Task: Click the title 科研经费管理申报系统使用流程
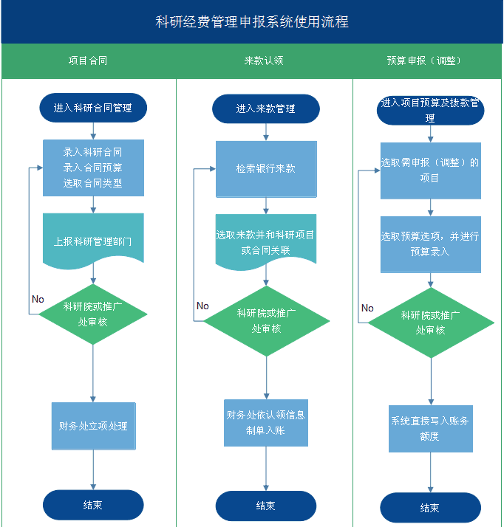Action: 252,22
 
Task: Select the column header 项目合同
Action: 88,61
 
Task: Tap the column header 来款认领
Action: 264,61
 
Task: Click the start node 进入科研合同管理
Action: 93,108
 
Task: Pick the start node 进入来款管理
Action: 265,108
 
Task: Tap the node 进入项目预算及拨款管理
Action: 430,108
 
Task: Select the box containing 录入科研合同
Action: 93,168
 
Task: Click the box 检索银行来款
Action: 266,169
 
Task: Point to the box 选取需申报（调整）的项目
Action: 430,170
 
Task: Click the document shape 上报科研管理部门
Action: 93,240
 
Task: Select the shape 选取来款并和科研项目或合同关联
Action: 266,242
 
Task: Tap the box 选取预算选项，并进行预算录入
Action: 430,244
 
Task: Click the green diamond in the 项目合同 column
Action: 93,314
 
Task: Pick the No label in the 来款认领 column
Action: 202,306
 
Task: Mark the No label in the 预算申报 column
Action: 367,308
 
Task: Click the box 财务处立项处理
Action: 93,426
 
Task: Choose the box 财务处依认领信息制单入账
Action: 266,422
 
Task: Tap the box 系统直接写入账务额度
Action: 430,428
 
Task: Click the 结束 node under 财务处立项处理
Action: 93,505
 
